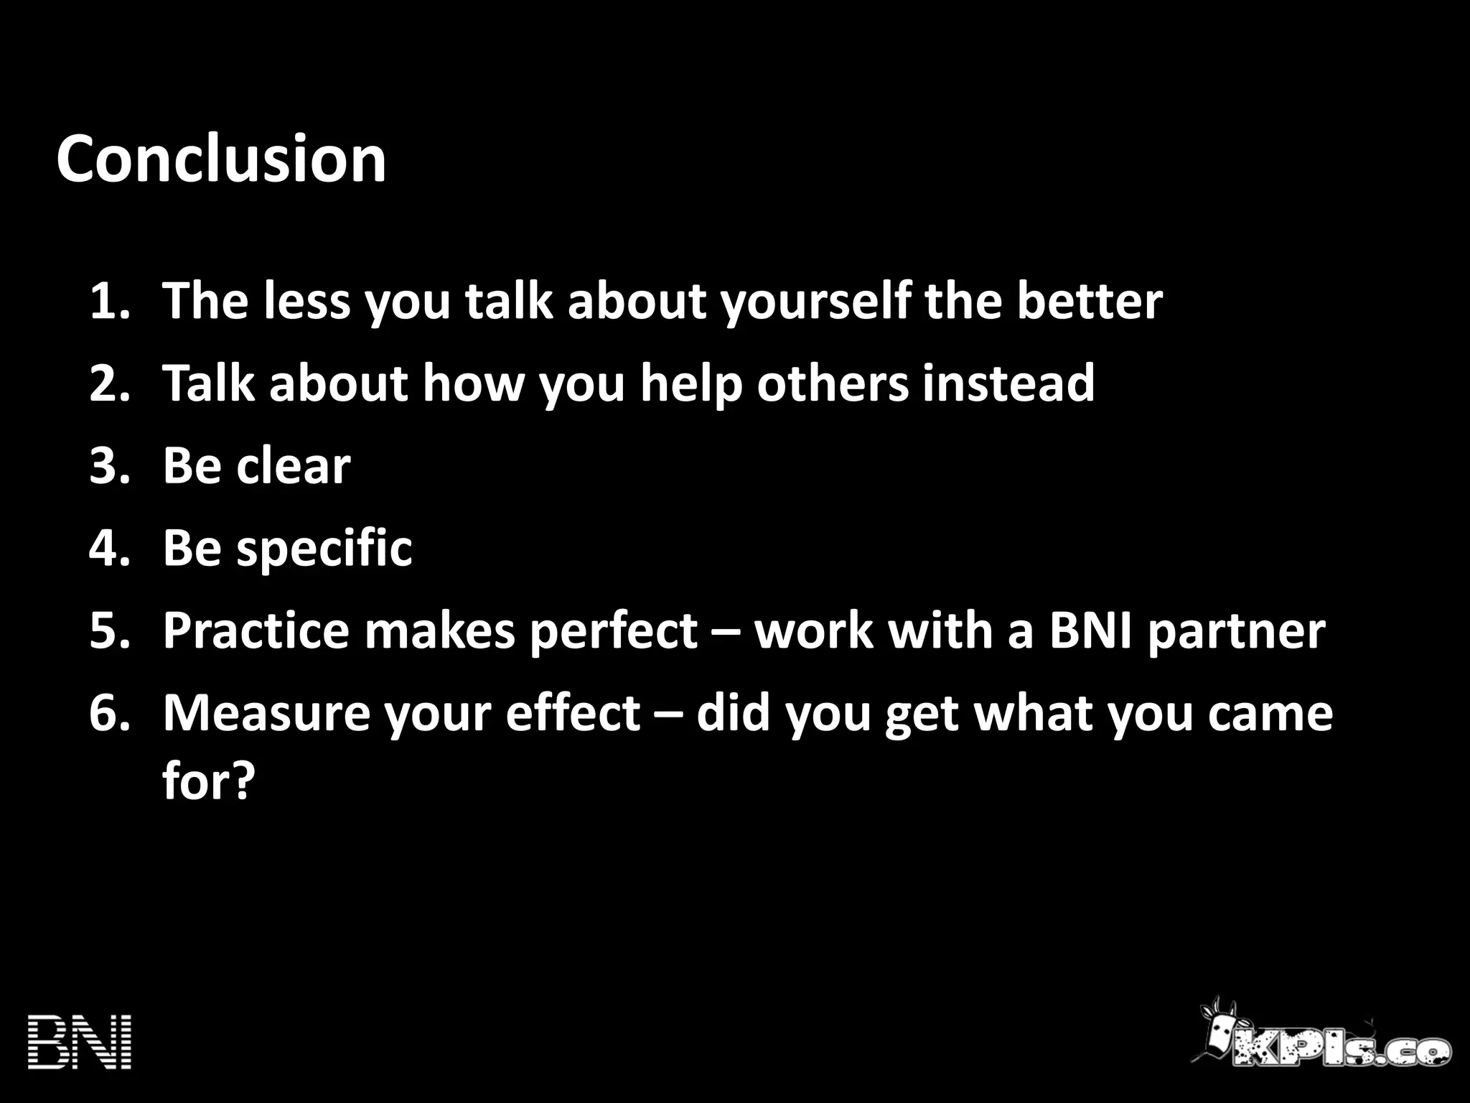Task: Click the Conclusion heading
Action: [221, 159]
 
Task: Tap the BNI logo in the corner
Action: [80, 1042]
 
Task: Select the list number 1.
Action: [110, 301]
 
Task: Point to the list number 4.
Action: [110, 548]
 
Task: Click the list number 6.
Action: [110, 713]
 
